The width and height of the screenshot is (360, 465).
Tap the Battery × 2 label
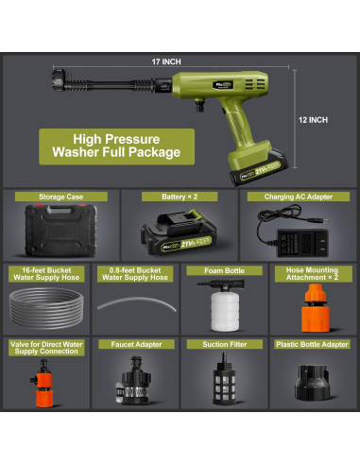tap(180, 197)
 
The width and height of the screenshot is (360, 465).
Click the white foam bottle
tap(221, 304)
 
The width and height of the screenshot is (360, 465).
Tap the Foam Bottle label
tap(219, 269)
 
